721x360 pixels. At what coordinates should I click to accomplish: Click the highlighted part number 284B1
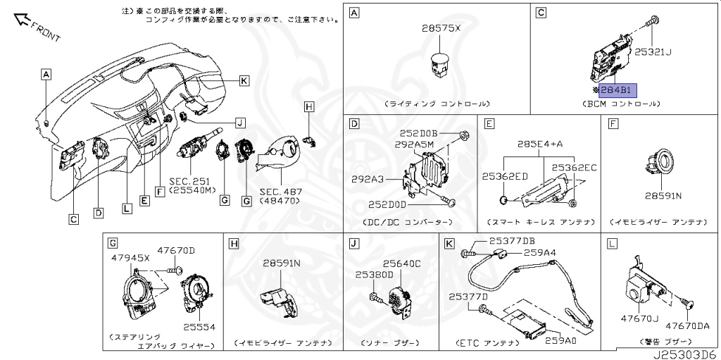(x=617, y=90)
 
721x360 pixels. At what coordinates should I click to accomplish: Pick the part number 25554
(x=200, y=327)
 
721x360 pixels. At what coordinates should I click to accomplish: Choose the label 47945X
(x=130, y=259)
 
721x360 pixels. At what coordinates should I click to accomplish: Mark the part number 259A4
(x=539, y=252)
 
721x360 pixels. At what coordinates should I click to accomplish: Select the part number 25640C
(x=401, y=263)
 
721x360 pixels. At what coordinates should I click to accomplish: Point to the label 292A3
(x=368, y=179)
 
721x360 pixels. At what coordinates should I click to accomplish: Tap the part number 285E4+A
(x=540, y=144)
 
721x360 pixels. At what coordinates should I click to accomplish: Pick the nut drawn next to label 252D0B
(x=464, y=134)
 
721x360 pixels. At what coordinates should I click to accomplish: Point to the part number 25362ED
(x=505, y=176)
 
